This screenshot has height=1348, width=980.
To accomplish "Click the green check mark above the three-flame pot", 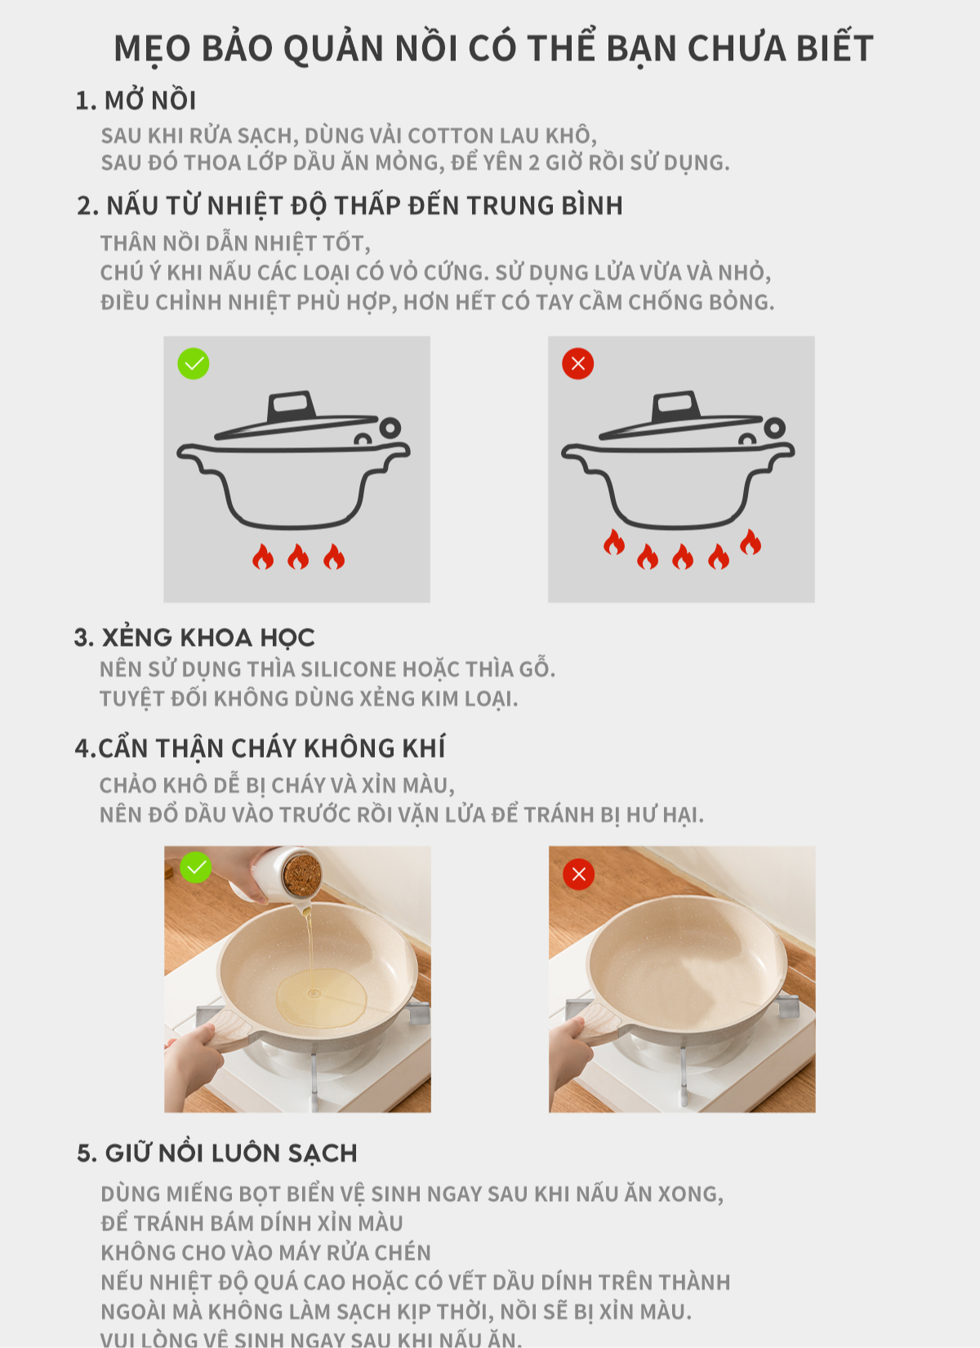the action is point(194,363).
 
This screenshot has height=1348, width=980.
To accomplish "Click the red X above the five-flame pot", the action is point(578,363).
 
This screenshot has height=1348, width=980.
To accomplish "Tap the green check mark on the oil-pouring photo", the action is point(196,867).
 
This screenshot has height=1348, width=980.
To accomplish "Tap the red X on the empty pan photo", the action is point(578,874).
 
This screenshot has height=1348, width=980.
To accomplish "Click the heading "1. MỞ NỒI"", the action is point(136,100).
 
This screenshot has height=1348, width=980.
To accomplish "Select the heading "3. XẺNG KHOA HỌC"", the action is point(194,638).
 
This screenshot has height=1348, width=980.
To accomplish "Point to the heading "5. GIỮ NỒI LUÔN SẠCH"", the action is point(216,1153).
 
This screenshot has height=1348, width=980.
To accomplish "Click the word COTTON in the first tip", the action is point(450,136).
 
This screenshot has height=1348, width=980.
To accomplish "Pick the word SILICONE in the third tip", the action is point(348,670).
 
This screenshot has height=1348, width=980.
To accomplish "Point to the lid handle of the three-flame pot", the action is point(292,407).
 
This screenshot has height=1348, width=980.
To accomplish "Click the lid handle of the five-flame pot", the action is point(676,407).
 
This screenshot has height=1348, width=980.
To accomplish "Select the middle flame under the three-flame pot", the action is point(298,557).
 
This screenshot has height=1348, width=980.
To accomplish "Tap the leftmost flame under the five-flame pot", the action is point(614,542).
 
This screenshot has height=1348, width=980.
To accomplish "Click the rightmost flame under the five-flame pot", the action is point(751,542).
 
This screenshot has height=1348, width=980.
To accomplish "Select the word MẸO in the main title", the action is point(152,49).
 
